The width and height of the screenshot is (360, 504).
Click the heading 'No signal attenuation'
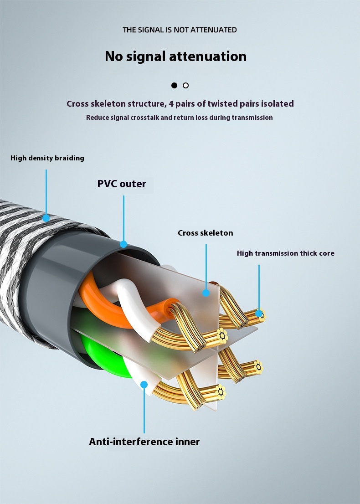click(175, 57)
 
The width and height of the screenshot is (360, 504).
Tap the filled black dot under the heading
click(174, 85)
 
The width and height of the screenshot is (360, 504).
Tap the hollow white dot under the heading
click(185, 85)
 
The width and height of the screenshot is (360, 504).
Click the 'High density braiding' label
click(47, 158)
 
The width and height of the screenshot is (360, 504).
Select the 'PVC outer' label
click(122, 184)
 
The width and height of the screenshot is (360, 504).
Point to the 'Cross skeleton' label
click(205, 233)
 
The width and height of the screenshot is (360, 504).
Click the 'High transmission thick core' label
click(285, 253)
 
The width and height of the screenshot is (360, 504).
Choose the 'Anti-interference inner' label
click(144, 442)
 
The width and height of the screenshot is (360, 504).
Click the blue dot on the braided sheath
click(46, 218)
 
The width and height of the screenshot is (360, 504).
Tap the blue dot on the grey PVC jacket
click(123, 244)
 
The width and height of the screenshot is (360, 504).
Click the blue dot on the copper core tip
click(259, 314)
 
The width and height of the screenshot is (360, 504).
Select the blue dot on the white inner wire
click(144, 385)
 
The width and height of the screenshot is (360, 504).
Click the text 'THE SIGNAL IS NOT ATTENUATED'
click(180, 30)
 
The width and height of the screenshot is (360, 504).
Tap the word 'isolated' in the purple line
click(276, 104)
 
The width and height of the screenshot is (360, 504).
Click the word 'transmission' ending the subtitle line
click(252, 118)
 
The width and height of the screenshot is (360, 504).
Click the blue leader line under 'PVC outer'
click(123, 219)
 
